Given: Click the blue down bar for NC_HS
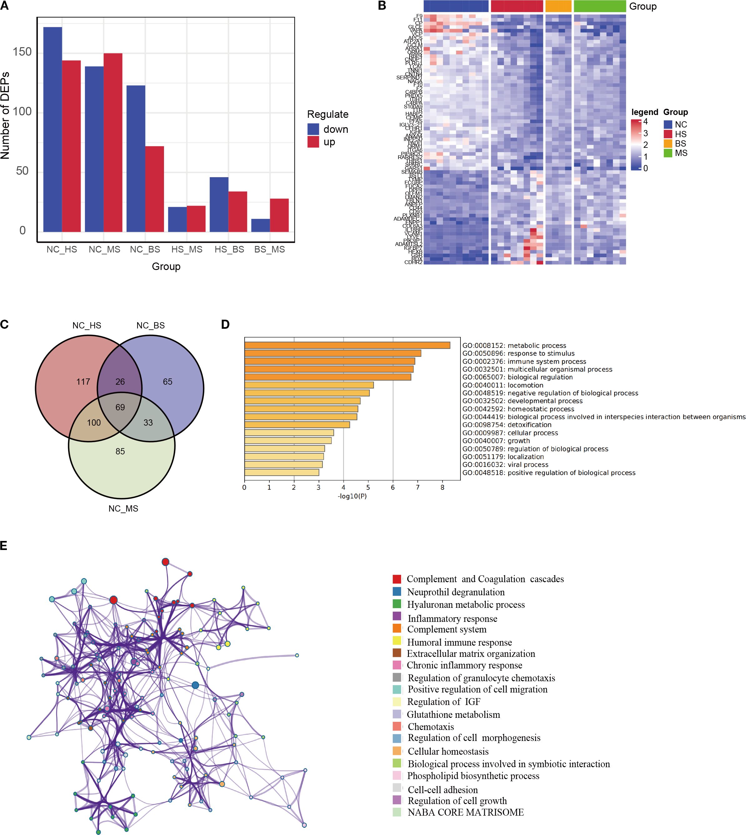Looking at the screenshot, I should (52, 129).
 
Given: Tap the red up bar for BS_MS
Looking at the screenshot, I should (279, 215).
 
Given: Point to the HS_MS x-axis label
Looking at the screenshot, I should (186, 249).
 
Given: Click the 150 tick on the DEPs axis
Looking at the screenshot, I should (22, 52).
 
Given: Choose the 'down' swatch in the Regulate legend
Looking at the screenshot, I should (313, 129).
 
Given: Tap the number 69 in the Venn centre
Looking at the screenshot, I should (120, 407).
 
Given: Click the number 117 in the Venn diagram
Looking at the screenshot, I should (83, 382).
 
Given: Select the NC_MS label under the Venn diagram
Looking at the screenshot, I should (123, 508).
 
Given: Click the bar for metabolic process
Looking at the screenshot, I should (347, 345).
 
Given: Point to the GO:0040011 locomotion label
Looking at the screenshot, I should (503, 385).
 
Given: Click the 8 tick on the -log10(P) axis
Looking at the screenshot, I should (442, 487).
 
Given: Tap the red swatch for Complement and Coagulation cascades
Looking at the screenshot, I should (396, 579).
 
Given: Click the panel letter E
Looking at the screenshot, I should (4, 546).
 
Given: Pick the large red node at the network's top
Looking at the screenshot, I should (165, 562).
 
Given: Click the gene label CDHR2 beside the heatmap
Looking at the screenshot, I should (413, 262).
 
